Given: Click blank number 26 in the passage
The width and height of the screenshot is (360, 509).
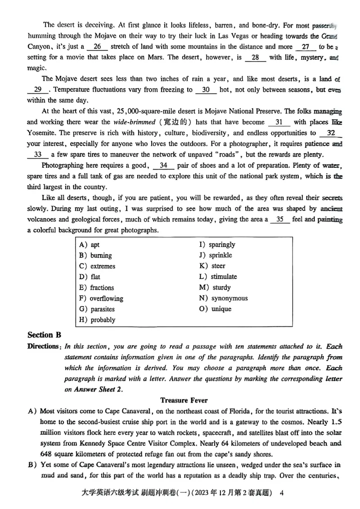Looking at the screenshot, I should click(x=97, y=47).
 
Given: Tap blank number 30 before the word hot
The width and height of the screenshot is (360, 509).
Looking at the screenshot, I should click(x=206, y=89).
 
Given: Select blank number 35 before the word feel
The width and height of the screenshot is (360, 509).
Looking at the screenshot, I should click(x=279, y=219).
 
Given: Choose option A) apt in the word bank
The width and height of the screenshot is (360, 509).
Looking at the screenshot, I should click(x=90, y=245).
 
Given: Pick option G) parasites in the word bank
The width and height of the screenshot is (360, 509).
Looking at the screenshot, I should click(x=97, y=309).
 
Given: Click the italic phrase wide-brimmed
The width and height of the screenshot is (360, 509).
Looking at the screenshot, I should click(x=135, y=122).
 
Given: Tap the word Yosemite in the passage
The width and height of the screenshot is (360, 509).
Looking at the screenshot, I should click(x=42, y=133).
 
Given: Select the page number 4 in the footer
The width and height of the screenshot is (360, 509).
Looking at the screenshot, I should click(x=282, y=492).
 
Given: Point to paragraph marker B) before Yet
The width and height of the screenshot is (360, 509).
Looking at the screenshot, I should click(x=32, y=465).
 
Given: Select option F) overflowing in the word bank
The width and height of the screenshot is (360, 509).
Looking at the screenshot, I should click(x=101, y=298).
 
